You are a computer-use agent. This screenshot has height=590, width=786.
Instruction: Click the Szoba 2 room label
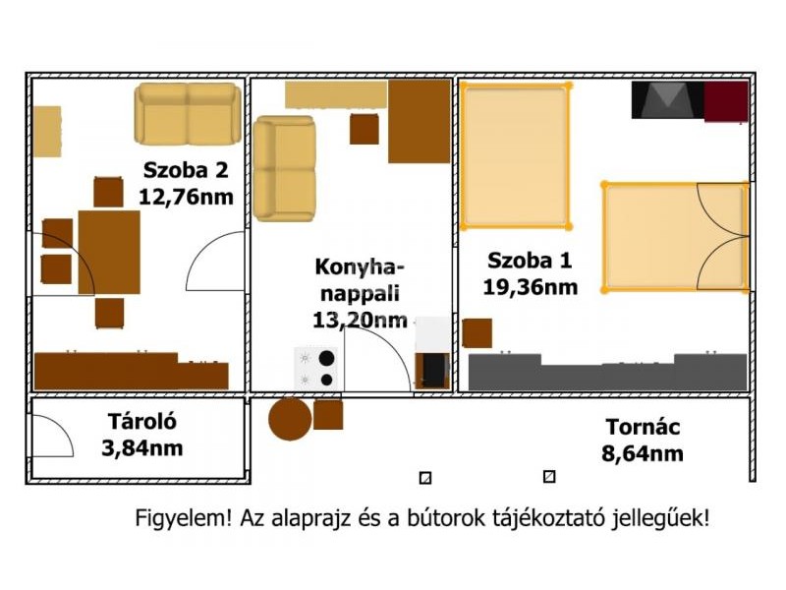click(186, 170)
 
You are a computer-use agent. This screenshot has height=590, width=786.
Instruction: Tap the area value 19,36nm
click(531, 287)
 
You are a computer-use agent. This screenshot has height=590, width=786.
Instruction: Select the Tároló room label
click(142, 422)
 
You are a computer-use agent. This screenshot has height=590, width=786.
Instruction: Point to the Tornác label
click(643, 427)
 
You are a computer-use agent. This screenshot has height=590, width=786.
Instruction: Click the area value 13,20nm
click(360, 320)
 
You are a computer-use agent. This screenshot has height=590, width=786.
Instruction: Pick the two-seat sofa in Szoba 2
click(188, 114)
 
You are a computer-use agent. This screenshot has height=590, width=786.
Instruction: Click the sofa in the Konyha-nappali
click(284, 168)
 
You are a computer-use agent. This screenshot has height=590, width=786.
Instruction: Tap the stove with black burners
click(315, 368)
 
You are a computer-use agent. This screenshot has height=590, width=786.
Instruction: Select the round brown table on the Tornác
click(290, 419)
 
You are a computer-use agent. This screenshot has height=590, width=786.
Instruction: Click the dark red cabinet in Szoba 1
click(726, 102)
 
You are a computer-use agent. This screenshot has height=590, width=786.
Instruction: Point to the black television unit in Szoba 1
click(667, 100)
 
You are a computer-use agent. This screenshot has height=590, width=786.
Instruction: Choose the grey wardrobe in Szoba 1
click(607, 373)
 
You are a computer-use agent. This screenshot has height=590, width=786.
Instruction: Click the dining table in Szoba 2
click(109, 253)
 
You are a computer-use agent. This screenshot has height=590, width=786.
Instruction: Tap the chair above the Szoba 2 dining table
click(108, 192)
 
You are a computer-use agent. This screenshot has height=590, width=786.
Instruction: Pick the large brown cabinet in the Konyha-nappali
click(420, 121)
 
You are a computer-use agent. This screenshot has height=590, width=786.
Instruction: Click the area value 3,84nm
click(142, 448)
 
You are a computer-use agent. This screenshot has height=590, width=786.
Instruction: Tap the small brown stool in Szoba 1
click(477, 333)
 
